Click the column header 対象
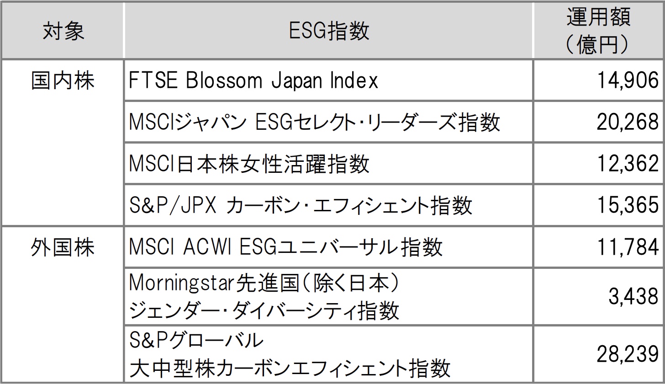[63, 31]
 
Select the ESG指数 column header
[329, 31]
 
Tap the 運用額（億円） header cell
[598, 31]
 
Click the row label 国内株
[63, 81]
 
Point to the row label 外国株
[63, 247]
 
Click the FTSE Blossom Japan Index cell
[254, 81]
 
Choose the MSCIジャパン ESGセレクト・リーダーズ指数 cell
[315, 123]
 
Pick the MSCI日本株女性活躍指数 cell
[249, 164]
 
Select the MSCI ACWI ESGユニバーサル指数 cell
[286, 247]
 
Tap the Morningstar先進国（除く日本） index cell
[265, 297]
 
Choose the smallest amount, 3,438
[633, 297]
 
